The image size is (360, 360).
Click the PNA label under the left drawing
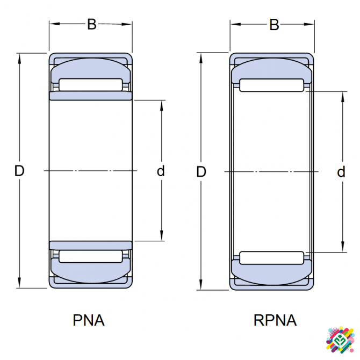pos(89,321)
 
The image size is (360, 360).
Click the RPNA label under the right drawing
pos(275,321)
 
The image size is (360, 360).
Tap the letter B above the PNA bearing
pos(92,25)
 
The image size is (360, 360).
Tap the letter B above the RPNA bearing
pos(274,25)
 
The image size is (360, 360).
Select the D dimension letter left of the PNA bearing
pos(19,171)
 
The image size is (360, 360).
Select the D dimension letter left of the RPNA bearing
pos(201,172)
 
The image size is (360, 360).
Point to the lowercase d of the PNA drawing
pos(160,171)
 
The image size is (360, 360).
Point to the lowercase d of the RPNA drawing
pos(341,172)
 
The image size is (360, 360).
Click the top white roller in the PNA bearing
pos(90,84)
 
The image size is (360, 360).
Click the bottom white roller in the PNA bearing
pos(90,256)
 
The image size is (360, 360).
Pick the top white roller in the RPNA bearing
pos(271,85)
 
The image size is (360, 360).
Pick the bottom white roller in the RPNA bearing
pos(271,257)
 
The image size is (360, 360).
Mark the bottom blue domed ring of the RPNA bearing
pos(271,274)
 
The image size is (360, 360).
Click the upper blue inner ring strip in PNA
pos(90,96)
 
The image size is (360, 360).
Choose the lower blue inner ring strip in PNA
pos(90,245)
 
